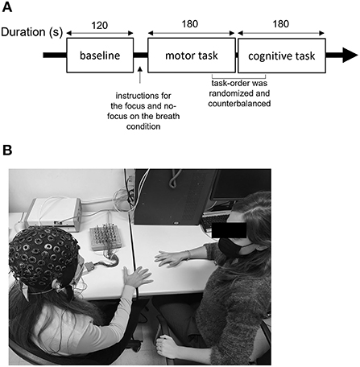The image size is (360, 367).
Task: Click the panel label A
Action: (8, 8)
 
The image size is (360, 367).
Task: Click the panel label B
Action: (8, 151)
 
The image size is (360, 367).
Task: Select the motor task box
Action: (192, 56)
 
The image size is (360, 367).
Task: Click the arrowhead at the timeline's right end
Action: (348, 56)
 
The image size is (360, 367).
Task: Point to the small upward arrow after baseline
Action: (139, 76)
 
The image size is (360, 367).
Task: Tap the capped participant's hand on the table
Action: (134, 277)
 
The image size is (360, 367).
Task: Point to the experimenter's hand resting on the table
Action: (171, 258)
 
